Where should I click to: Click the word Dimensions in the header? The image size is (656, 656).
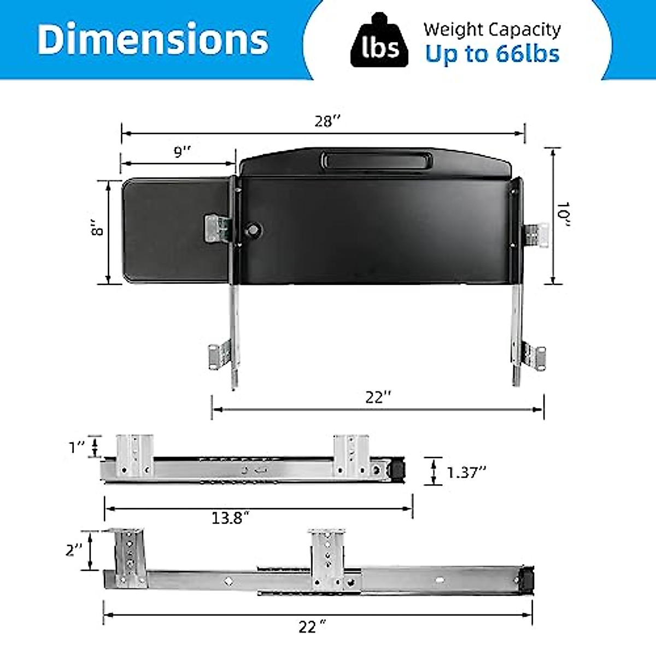click(x=153, y=39)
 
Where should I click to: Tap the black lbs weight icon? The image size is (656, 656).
click(x=379, y=43)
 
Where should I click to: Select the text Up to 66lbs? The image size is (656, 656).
click(x=492, y=54)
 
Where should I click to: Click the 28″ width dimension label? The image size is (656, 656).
click(x=327, y=121)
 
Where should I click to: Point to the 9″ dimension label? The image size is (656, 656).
click(x=183, y=151)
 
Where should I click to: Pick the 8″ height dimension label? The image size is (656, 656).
click(x=97, y=228)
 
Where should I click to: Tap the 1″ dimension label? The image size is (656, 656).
click(x=77, y=447)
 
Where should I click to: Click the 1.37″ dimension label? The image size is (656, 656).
click(x=466, y=472)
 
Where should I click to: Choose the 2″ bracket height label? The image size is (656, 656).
click(x=74, y=549)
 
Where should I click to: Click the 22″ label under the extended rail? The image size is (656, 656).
click(x=312, y=627)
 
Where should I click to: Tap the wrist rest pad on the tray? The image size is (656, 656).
click(x=376, y=161)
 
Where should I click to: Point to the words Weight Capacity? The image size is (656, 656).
click(x=492, y=30)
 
